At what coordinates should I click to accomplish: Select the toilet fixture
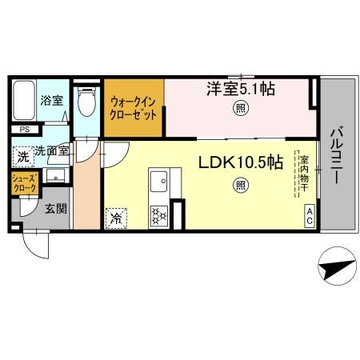coord(86,102)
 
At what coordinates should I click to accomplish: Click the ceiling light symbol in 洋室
coord(238,109)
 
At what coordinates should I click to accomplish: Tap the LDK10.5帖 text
coord(240,162)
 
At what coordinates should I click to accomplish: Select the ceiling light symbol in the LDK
coord(240,186)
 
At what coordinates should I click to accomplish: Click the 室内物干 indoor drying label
coord(303,172)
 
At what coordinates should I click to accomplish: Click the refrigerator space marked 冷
coord(116,216)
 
